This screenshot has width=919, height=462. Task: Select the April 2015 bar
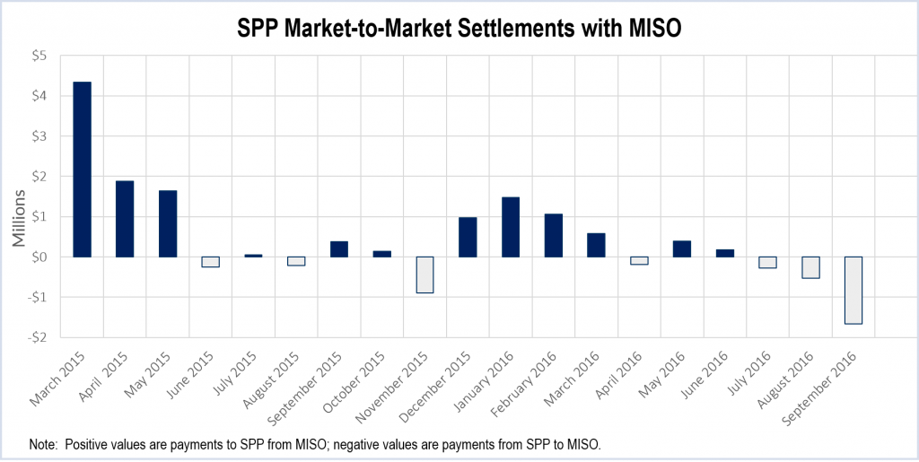click(x=125, y=219)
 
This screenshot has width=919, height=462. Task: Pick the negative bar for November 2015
click(x=425, y=275)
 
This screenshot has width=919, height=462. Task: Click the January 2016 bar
click(x=511, y=227)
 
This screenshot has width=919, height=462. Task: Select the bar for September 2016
click(x=853, y=290)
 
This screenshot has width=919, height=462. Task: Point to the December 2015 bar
click(x=468, y=237)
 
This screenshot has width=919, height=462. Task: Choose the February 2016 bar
click(x=554, y=235)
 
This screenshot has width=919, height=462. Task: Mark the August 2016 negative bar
click(x=810, y=267)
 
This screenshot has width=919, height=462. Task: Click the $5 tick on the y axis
click(x=39, y=56)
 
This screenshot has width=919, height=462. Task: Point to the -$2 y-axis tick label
click(x=37, y=337)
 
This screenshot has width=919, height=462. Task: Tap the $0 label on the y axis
click(x=39, y=257)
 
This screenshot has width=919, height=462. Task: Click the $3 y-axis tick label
click(x=39, y=136)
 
